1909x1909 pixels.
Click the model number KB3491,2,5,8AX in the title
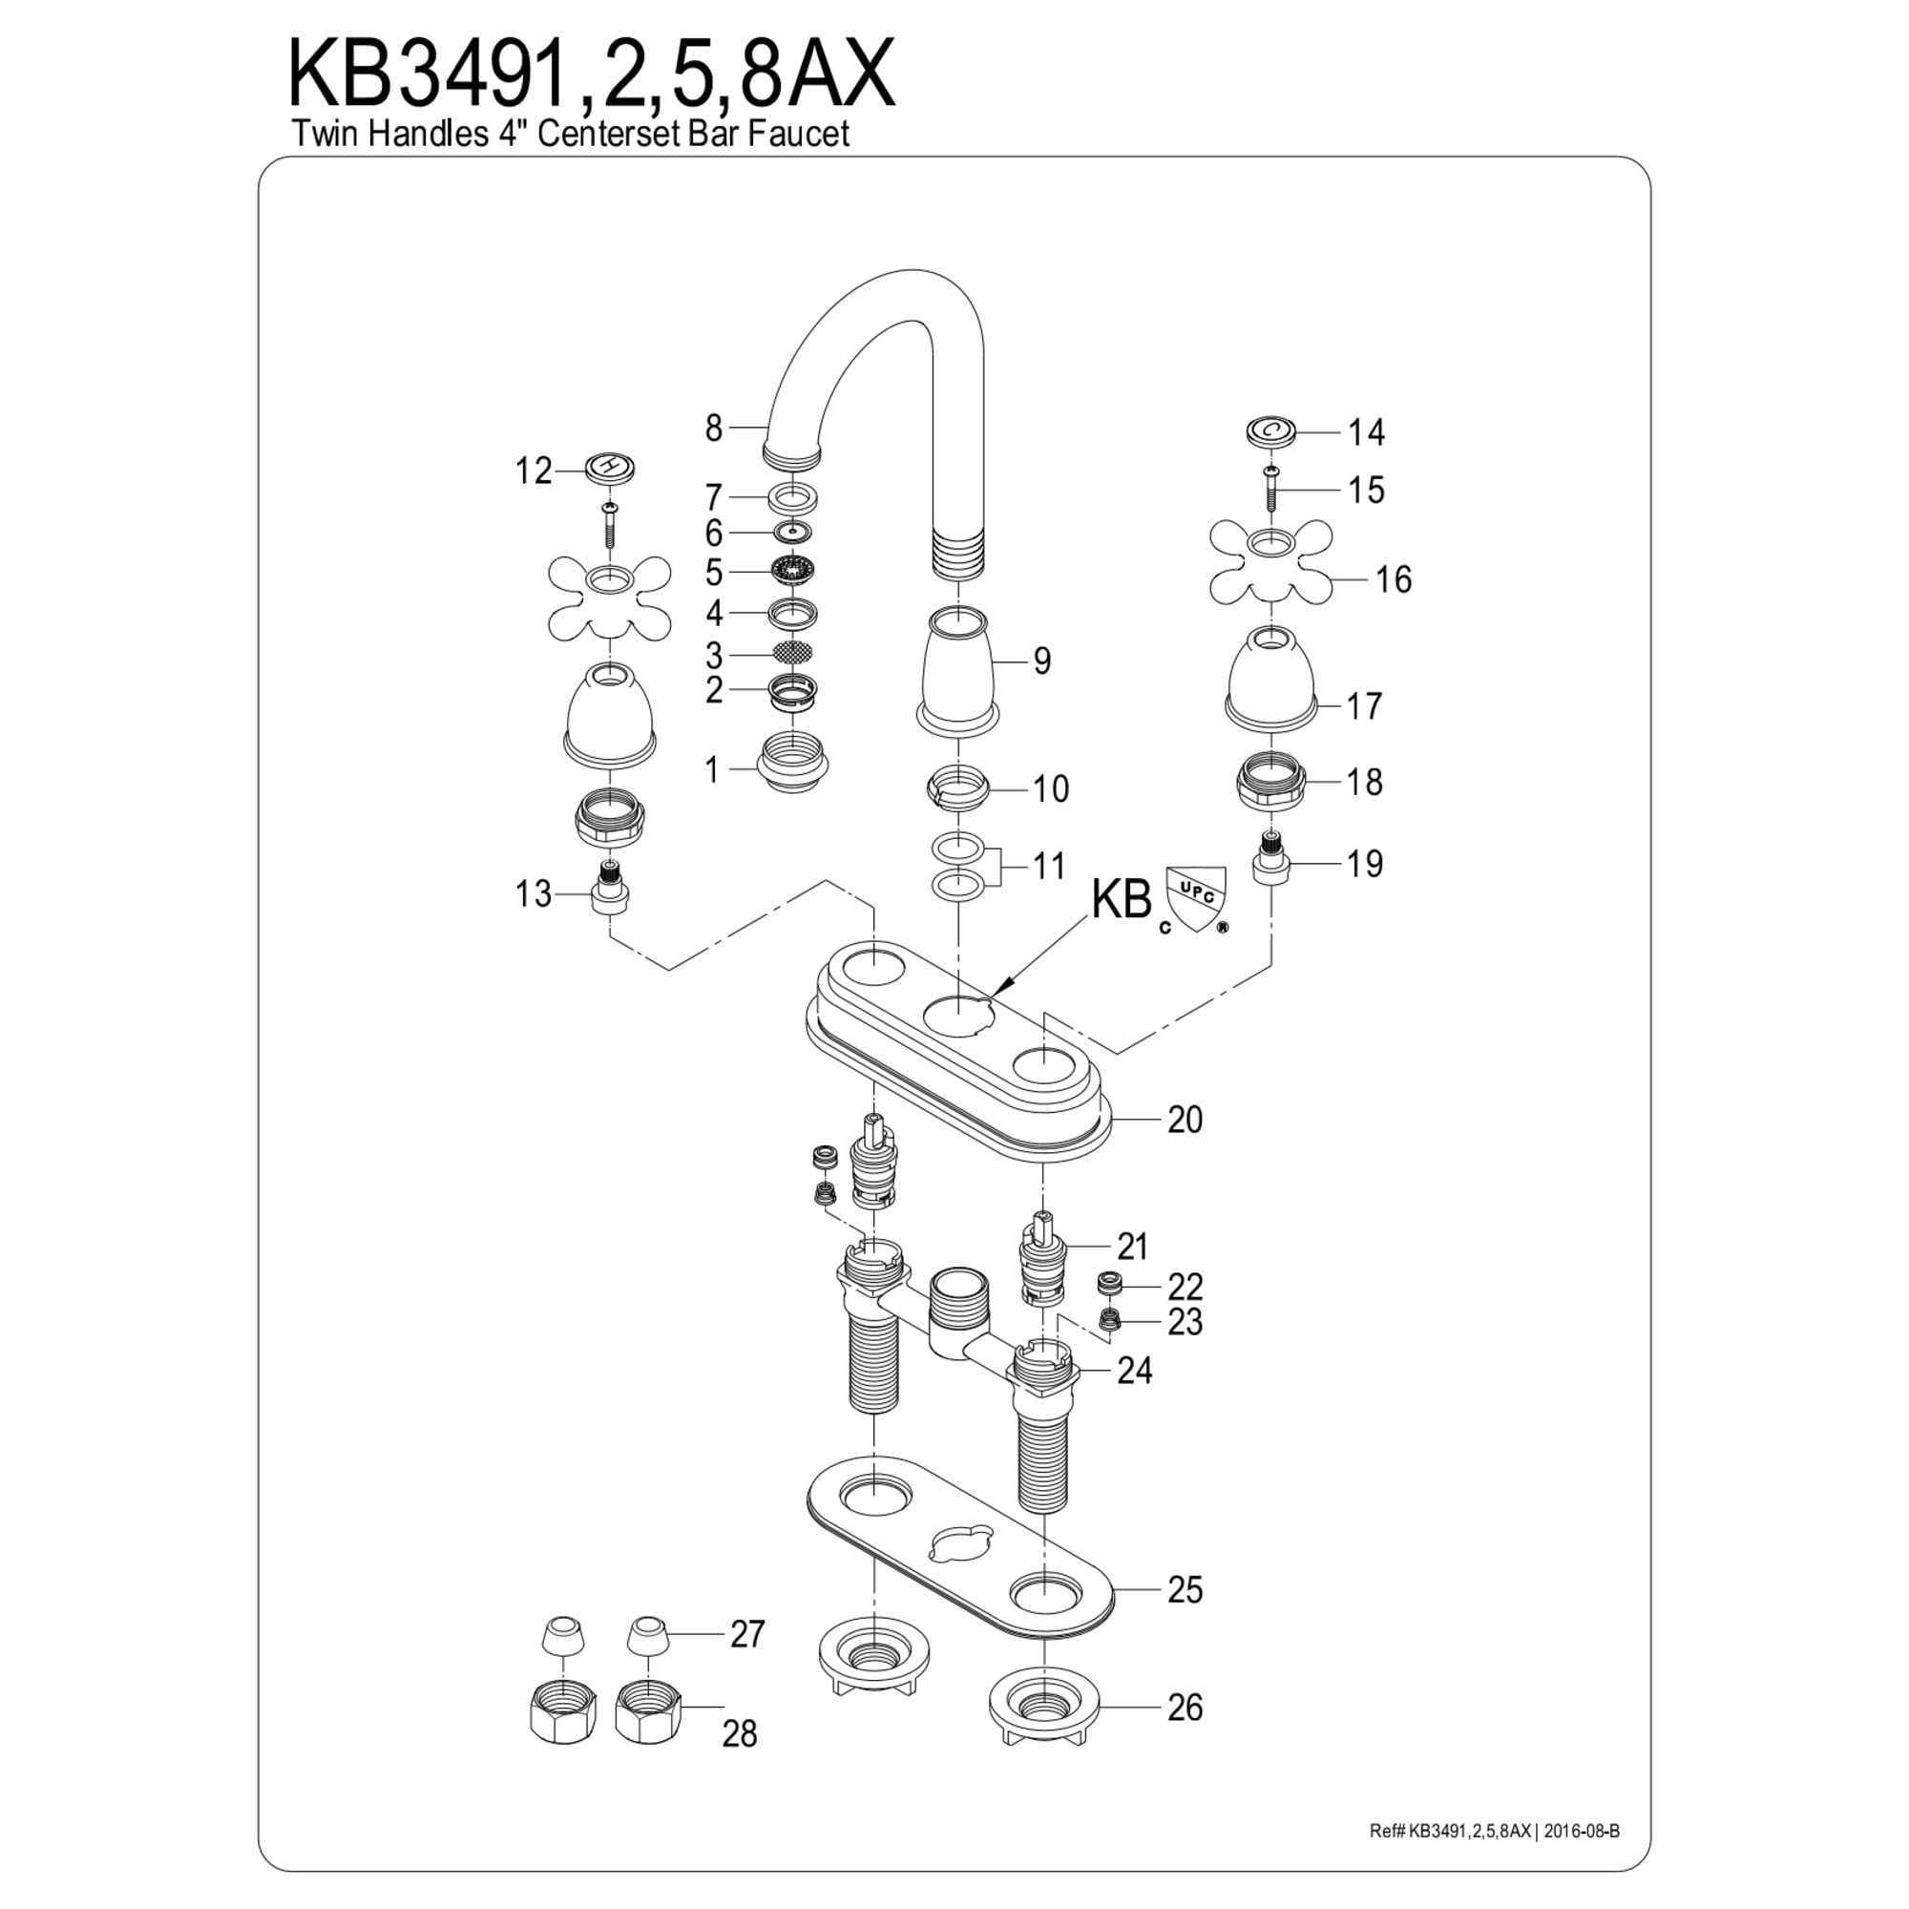(591, 75)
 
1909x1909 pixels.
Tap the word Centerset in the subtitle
(610, 134)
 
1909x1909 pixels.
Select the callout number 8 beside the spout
(713, 428)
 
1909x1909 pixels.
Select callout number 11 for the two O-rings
(1048, 866)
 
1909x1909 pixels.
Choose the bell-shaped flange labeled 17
(1270, 675)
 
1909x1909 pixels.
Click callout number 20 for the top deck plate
(1185, 1120)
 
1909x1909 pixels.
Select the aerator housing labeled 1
(792, 766)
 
